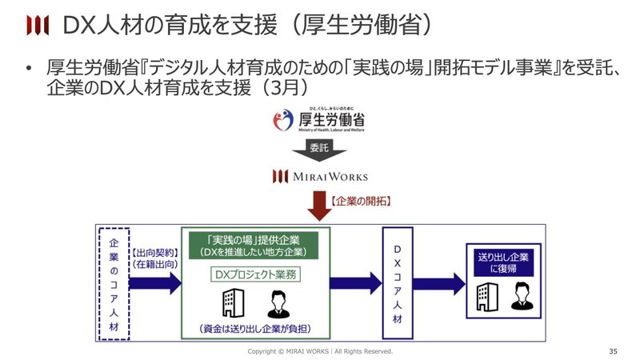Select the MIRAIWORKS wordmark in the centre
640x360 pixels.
[319, 176]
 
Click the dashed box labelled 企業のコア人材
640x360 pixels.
[112, 283]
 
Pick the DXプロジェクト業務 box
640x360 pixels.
[252, 275]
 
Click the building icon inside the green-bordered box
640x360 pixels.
[227, 303]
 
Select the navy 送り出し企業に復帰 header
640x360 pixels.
[502, 263]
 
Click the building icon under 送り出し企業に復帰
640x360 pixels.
[484, 297]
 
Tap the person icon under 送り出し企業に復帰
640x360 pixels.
[522, 297]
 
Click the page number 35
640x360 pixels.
[613, 351]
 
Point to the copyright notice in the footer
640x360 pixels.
[319, 351]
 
